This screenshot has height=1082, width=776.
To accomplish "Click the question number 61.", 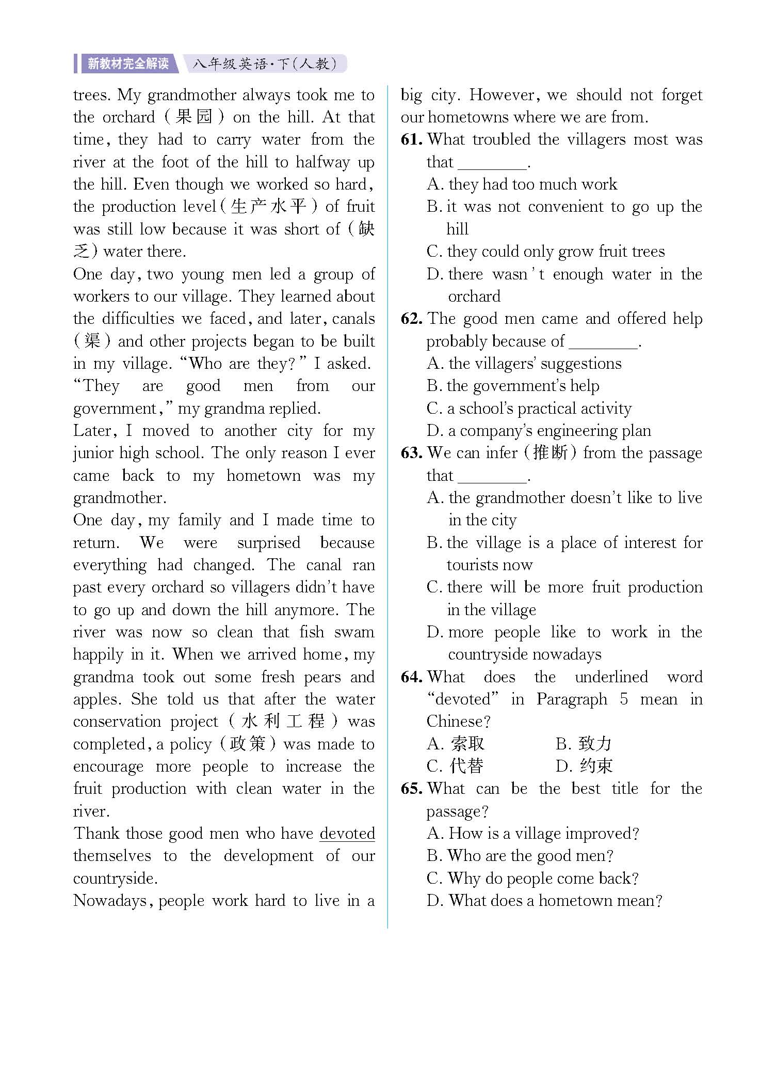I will pos(412,139).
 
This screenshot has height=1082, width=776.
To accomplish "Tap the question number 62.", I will pos(412,319).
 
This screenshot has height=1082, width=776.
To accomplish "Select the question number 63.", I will pos(412,453).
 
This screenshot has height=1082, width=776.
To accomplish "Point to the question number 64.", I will pos(412,677).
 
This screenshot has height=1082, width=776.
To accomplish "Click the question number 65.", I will pos(412,789).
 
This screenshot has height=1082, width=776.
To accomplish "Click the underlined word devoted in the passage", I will pos(347,834).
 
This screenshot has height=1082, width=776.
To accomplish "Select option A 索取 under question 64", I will pos(456,744).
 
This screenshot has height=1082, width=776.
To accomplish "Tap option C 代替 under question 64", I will pos(456,766).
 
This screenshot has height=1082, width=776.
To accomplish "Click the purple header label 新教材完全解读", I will pos(128,64).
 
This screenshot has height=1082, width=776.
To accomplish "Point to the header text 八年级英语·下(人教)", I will pos(264,64).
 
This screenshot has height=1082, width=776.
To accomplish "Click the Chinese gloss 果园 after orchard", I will pos(193,117).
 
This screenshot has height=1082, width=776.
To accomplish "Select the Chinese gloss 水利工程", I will pos(283,722).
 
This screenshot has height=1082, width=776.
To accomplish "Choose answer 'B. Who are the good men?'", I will pos(520,856).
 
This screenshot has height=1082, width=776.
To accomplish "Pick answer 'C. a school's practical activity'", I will pos(529,409).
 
